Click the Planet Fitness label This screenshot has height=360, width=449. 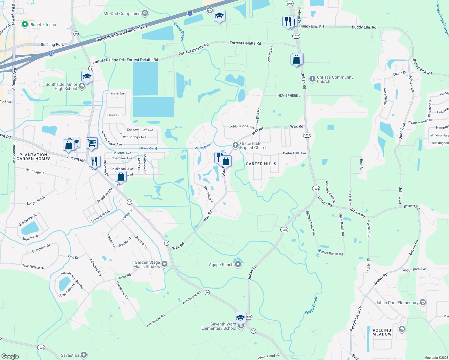(x=42, y=25)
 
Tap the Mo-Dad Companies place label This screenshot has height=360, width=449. (x=122, y=13)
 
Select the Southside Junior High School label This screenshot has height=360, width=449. (x=61, y=86)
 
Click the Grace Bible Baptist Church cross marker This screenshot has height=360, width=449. (x=236, y=145)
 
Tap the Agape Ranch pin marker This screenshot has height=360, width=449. (x=238, y=264)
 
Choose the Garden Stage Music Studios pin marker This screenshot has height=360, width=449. (x=164, y=264)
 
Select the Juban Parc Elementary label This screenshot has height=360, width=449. (x=397, y=303)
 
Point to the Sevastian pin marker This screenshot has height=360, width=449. (x=84, y=355)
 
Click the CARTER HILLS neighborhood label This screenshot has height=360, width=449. (x=261, y=164)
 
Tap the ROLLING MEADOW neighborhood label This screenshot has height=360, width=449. (x=382, y=332)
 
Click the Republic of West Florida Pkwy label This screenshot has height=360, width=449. (x=122, y=33)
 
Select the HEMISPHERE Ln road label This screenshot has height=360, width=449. (x=290, y=95)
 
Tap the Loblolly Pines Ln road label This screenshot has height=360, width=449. (x=242, y=127)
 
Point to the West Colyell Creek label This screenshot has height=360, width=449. (x=442, y=19)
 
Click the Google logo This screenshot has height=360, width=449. (x=10, y=356)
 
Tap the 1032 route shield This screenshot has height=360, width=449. (x=41, y=348)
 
